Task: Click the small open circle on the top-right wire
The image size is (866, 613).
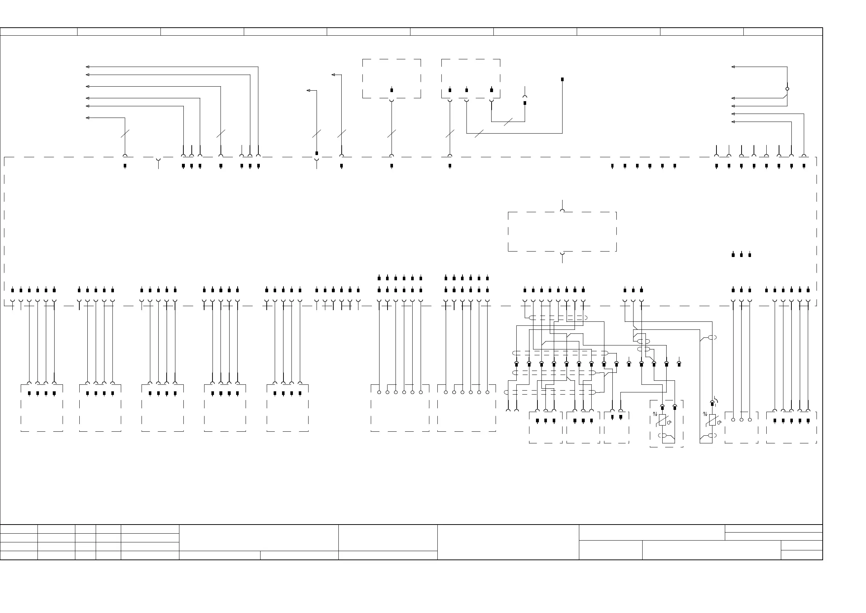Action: [x=787, y=89]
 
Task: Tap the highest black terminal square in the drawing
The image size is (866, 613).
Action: [x=562, y=79]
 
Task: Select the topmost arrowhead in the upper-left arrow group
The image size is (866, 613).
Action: [x=88, y=67]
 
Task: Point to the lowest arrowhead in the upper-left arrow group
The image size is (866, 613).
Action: [x=88, y=118]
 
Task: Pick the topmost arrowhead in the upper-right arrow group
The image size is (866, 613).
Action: [x=733, y=67]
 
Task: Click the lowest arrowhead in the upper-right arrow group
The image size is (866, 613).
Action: [x=733, y=122]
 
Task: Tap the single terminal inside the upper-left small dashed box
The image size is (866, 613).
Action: [x=392, y=90]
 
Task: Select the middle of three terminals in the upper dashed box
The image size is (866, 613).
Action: [x=466, y=90]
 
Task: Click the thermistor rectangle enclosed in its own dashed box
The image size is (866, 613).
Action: [x=662, y=420]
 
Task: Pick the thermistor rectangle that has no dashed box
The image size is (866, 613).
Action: [x=712, y=420]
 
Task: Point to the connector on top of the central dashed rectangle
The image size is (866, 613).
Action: [x=562, y=210]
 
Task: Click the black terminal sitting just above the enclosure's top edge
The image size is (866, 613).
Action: [x=317, y=153]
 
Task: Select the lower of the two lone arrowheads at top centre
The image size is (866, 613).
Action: [x=308, y=90]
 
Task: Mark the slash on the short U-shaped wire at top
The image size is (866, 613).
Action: [x=508, y=122]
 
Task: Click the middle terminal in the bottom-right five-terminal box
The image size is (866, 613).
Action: [x=791, y=420]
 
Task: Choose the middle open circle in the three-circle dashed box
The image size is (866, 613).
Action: [x=742, y=420]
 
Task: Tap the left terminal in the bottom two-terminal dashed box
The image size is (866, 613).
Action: [x=612, y=417]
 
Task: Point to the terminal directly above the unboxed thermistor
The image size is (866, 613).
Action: [x=712, y=404]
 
